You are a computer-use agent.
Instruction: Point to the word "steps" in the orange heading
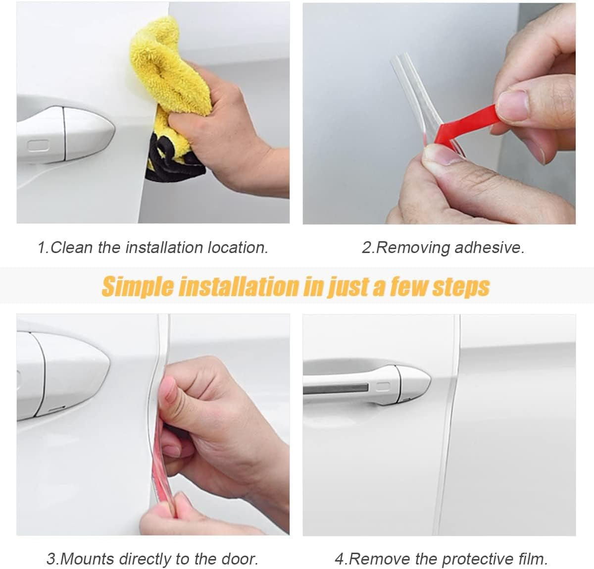[x=461, y=287]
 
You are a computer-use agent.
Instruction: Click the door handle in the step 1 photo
[x=64, y=131]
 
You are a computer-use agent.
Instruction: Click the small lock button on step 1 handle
[x=39, y=146]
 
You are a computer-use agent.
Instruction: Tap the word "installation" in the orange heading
[x=239, y=287]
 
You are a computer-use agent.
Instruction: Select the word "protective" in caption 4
[x=475, y=559]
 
